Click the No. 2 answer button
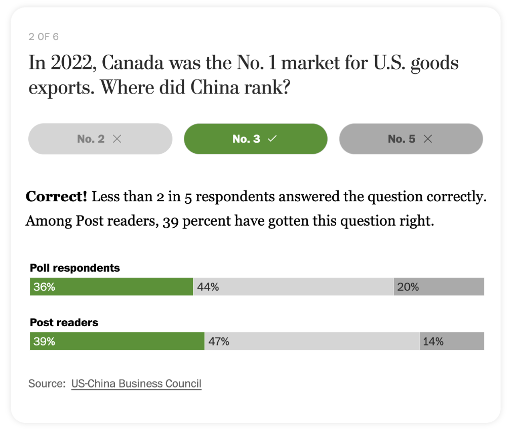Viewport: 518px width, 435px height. click(x=100, y=139)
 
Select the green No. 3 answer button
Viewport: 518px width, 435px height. click(x=255, y=139)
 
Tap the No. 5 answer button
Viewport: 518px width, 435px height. click(x=411, y=139)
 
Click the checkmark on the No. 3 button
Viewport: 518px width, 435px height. click(x=272, y=139)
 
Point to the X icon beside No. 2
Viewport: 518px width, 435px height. click(x=117, y=139)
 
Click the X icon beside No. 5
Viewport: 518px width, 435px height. click(x=427, y=139)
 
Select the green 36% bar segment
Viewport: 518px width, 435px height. click(x=111, y=287)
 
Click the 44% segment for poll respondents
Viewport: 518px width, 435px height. click(x=293, y=287)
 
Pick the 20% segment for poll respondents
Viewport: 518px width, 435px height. click(x=439, y=287)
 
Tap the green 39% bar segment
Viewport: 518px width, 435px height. click(x=117, y=341)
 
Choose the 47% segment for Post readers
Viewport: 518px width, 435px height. click(x=311, y=341)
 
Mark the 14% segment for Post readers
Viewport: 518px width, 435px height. click(x=452, y=341)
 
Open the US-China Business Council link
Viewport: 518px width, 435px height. click(x=136, y=383)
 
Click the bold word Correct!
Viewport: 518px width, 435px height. click(x=57, y=196)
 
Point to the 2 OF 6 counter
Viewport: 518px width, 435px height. click(x=44, y=37)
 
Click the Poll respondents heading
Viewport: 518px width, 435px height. click(x=75, y=268)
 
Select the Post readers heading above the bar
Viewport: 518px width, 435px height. click(x=64, y=323)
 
